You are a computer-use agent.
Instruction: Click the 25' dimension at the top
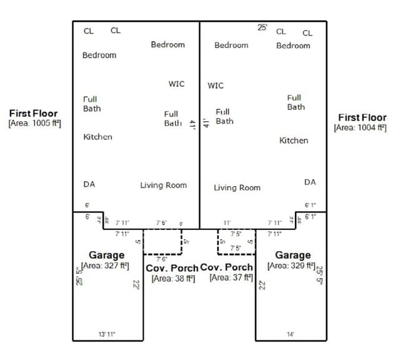tap(262, 27)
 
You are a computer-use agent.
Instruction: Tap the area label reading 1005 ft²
tap(34, 124)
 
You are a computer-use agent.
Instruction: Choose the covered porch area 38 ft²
tap(173, 278)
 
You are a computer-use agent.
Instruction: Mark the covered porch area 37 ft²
tap(231, 277)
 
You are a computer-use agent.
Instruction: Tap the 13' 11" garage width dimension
tap(106, 334)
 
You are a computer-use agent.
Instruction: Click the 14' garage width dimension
tap(290, 334)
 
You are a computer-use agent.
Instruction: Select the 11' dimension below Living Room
tap(227, 222)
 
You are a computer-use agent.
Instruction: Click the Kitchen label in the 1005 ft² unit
tap(97, 136)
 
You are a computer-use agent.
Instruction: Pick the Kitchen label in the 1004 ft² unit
tap(293, 141)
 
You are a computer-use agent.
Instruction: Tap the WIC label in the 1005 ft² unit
tap(176, 84)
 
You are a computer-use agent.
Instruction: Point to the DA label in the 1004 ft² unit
tap(310, 182)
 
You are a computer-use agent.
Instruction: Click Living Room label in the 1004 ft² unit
tap(237, 187)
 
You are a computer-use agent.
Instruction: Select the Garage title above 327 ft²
tap(106, 255)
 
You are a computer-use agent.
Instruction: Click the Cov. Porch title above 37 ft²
tap(226, 267)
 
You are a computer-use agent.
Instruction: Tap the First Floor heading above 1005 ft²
tap(33, 113)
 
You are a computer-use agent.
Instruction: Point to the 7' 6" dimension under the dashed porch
tap(161, 259)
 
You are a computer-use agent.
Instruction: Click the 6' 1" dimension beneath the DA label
tap(310, 205)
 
